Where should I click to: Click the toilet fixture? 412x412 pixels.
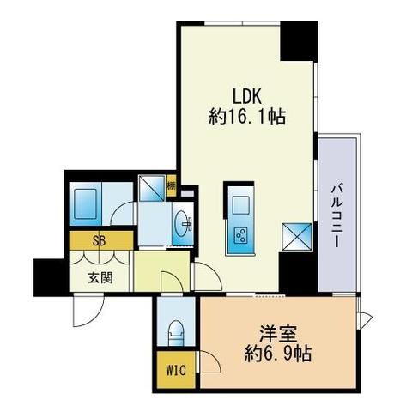(x=175, y=330)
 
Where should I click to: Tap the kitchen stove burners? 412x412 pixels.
(x=239, y=235)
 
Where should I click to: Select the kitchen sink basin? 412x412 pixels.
(x=239, y=206)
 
